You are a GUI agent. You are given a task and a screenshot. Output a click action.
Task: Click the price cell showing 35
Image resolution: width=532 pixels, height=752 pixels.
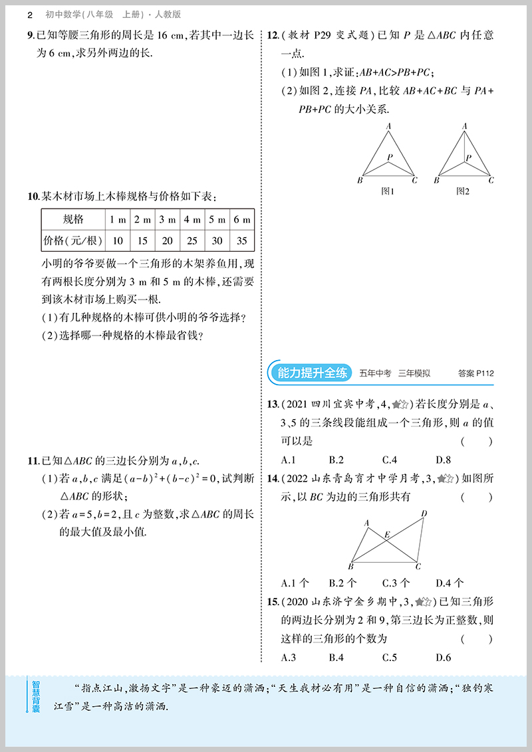coord(242,240)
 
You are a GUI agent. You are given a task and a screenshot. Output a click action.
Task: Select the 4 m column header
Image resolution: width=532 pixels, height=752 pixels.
coord(192,219)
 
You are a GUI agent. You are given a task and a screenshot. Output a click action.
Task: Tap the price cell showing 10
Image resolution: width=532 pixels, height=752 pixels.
coord(118,240)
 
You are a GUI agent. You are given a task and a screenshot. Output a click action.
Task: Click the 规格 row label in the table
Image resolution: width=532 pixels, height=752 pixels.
coord(73,219)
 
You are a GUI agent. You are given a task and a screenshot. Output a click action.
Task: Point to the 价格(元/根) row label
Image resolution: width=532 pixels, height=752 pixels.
coord(73,240)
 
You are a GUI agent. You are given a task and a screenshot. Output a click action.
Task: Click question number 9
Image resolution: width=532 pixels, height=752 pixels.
coord(31,36)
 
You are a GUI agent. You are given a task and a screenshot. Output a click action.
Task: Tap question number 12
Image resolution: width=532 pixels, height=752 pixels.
coord(272,36)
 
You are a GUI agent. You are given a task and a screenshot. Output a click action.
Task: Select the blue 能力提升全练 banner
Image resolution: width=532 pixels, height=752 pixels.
coord(311,373)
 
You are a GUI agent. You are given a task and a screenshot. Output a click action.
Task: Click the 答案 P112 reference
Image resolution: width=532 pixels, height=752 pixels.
coord(476,373)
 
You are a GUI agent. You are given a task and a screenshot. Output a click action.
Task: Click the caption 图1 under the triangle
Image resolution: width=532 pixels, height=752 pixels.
coord(388,191)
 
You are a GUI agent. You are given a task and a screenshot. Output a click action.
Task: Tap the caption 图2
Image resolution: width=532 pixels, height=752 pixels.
coord(464,191)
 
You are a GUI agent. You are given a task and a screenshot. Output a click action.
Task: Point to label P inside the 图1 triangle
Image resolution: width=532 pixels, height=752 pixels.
coord(390,157)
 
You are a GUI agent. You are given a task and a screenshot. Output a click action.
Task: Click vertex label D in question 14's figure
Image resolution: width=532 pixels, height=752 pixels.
coord(424,514)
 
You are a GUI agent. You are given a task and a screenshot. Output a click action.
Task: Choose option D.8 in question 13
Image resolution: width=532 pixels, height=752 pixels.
coord(443,460)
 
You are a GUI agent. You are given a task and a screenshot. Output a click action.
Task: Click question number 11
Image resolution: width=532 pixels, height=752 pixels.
coord(31,461)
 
